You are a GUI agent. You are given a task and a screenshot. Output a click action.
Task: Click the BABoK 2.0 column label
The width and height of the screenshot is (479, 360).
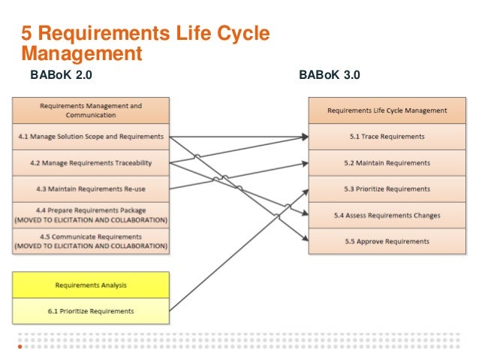(x=61, y=75)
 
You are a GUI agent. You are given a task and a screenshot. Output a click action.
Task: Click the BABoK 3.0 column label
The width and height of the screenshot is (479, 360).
(x=330, y=75)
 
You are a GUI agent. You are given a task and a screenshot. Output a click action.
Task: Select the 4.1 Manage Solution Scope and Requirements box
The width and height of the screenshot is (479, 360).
(x=90, y=136)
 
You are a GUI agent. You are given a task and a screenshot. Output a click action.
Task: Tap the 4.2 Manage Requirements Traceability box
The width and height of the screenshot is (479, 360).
(x=90, y=162)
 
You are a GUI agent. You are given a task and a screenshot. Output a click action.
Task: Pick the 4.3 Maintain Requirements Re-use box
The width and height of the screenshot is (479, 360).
(x=90, y=189)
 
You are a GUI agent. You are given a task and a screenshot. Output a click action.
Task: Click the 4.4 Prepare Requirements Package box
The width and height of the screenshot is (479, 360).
(x=90, y=215)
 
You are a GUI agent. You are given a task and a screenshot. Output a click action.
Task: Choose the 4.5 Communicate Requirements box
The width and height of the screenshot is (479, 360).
(x=90, y=241)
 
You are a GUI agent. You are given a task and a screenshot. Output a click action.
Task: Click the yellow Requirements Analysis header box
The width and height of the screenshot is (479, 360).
(x=90, y=285)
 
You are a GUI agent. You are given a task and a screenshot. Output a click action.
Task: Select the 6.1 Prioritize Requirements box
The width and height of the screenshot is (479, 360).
(x=90, y=310)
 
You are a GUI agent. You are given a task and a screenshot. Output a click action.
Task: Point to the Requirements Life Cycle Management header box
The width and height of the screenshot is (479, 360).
(x=387, y=110)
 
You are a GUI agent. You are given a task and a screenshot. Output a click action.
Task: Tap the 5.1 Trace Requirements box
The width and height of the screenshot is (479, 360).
(x=387, y=137)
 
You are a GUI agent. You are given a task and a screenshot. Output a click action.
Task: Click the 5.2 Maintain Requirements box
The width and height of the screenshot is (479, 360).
(x=387, y=163)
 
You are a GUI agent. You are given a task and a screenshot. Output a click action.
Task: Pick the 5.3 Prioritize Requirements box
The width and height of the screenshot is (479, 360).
(x=387, y=189)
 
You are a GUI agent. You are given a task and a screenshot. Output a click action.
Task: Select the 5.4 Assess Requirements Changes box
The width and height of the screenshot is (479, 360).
(x=387, y=216)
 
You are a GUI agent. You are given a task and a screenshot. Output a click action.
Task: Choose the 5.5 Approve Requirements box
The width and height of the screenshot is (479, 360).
(x=387, y=241)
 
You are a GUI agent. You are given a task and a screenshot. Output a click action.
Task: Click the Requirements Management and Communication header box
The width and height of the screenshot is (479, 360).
(x=90, y=110)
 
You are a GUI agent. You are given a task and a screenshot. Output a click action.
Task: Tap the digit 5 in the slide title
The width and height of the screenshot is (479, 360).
(x=26, y=35)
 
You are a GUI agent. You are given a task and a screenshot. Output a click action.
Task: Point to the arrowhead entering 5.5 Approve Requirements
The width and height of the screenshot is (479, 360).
(x=304, y=241)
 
